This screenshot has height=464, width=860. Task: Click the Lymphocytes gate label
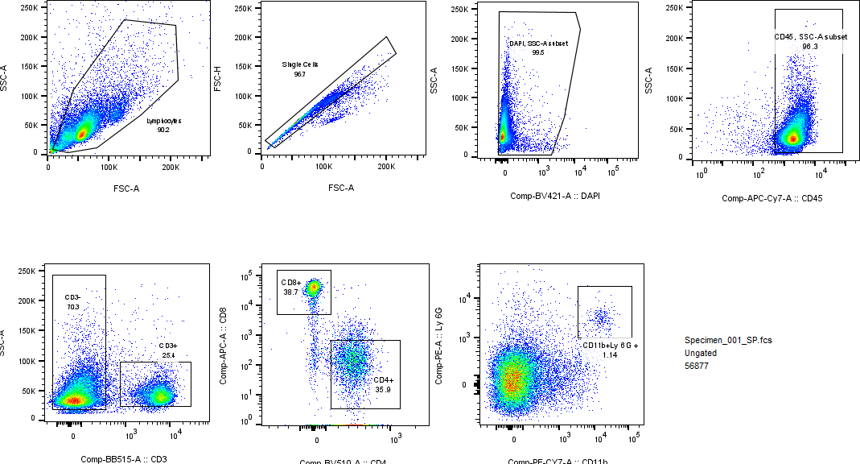click(164, 120)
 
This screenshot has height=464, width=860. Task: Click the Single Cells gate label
click(299, 64)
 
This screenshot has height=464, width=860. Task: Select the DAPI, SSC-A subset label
click(538, 43)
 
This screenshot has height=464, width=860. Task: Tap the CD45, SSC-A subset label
click(809, 37)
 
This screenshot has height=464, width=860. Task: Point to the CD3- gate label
click(72, 297)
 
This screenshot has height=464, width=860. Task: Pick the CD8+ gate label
click(290, 282)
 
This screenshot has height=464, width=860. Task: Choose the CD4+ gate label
click(382, 380)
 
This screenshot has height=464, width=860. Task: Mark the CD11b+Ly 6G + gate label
click(610, 345)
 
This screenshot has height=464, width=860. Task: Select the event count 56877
click(697, 367)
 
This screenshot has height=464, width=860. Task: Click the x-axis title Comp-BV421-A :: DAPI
click(555, 196)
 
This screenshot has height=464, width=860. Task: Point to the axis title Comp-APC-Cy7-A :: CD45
click(772, 198)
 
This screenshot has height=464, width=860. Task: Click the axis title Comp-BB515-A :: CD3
click(123, 459)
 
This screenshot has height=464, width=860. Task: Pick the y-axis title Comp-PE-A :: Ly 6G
click(438, 345)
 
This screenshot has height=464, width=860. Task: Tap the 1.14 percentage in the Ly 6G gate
click(610, 354)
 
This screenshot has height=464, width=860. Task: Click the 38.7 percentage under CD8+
click(290, 292)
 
